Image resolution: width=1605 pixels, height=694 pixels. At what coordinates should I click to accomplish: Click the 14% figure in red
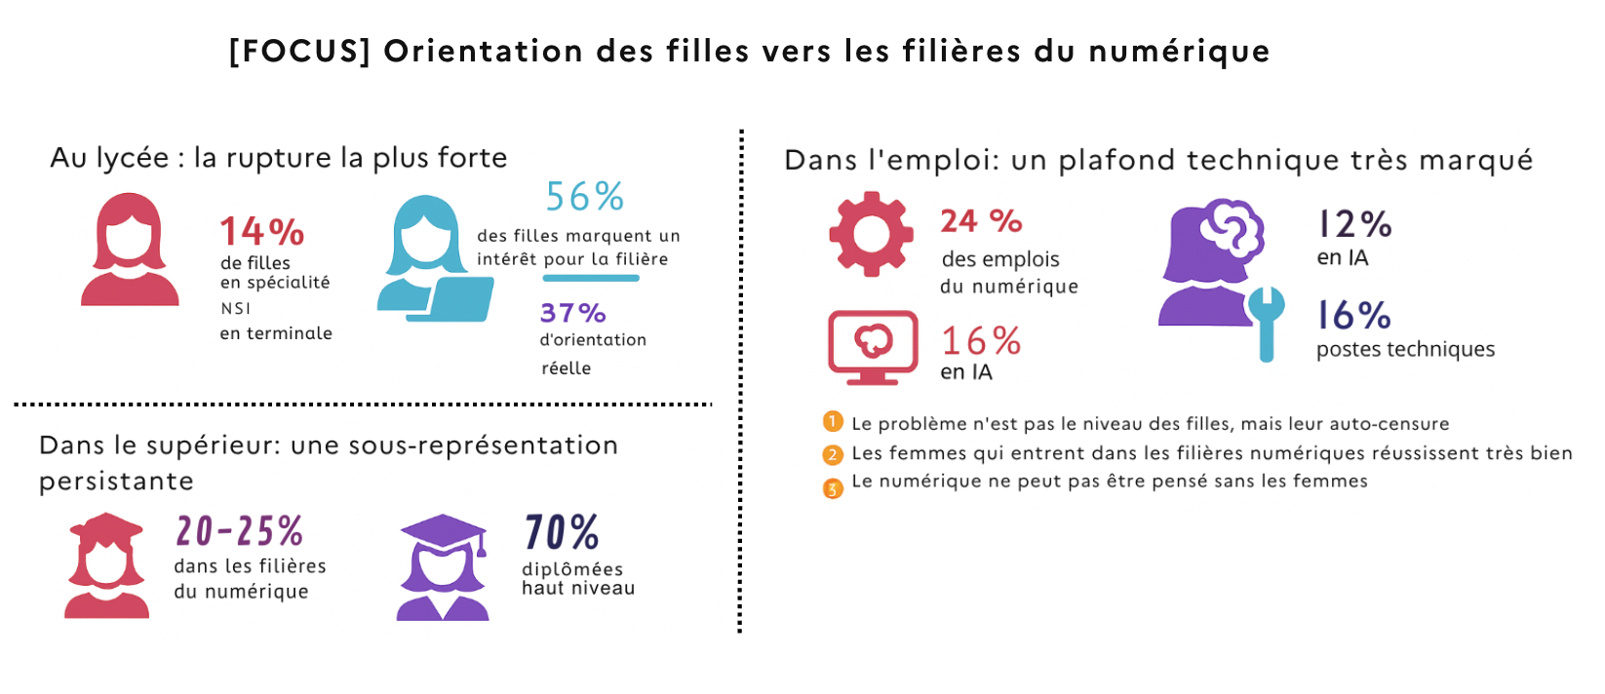click(x=261, y=232)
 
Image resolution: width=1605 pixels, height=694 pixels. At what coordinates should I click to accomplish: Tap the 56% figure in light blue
click(x=584, y=197)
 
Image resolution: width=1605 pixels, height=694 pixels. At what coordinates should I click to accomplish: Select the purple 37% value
click(x=572, y=313)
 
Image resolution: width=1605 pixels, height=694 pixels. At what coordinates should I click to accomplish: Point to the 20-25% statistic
click(x=239, y=531)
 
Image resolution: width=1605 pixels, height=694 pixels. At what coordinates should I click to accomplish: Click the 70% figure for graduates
click(x=562, y=533)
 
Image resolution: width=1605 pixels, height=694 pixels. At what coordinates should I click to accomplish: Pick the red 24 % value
click(x=980, y=221)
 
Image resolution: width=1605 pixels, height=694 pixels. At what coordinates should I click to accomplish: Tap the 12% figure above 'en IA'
click(x=1353, y=224)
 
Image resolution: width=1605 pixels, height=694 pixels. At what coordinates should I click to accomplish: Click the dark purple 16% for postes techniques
click(x=1353, y=316)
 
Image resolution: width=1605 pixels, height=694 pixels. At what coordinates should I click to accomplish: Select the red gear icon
click(x=871, y=234)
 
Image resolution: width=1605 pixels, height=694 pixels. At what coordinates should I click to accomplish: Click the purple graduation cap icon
click(x=444, y=532)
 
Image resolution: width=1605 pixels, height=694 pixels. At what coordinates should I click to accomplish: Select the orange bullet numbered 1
click(x=833, y=422)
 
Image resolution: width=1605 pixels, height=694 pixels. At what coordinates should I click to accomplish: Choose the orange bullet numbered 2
click(x=833, y=454)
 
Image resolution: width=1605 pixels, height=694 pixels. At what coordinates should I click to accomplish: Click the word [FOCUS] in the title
click(x=299, y=51)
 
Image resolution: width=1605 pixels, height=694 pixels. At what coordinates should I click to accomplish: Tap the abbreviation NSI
click(x=236, y=308)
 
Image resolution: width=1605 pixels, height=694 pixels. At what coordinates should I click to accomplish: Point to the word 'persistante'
click(x=116, y=482)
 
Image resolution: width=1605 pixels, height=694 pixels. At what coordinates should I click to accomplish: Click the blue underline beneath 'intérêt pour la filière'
click(x=590, y=279)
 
